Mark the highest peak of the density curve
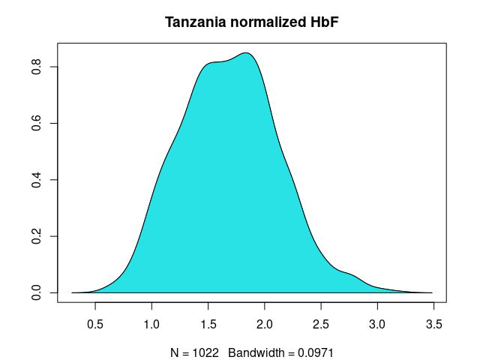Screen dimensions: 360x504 pos(245,52)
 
